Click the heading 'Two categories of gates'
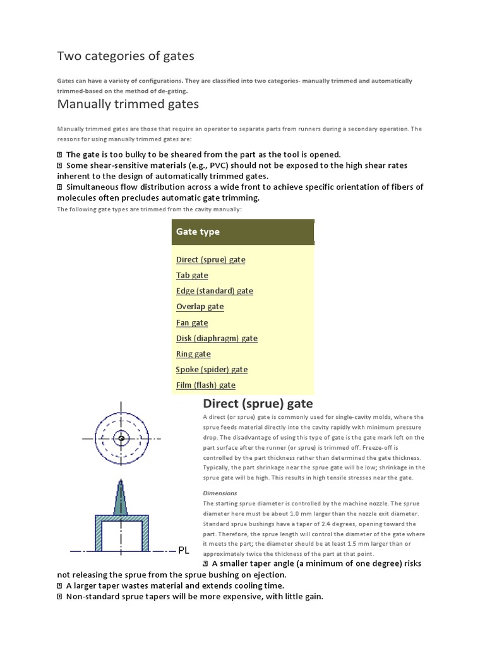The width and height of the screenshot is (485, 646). tap(126, 56)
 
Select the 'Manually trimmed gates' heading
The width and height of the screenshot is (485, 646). tap(128, 103)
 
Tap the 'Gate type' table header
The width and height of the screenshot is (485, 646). tap(198, 232)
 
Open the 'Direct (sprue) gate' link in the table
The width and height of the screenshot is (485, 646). tap(210, 259)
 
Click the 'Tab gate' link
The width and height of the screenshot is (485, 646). tap(192, 275)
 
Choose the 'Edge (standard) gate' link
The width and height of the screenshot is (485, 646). tap(214, 291)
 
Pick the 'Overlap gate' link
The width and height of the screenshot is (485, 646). tap(200, 307)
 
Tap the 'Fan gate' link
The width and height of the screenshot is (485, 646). tap(192, 322)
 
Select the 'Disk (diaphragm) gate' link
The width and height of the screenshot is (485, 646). tap(217, 338)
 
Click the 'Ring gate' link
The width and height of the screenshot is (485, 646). tap(193, 354)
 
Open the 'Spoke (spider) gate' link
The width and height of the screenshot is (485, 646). tap(212, 370)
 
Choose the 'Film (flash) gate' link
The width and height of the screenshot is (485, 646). tap(205, 385)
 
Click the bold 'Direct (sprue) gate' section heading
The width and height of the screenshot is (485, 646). tap(257, 404)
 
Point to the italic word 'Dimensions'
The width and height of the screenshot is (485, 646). tap(220, 493)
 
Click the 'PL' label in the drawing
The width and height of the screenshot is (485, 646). tap(184, 550)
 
